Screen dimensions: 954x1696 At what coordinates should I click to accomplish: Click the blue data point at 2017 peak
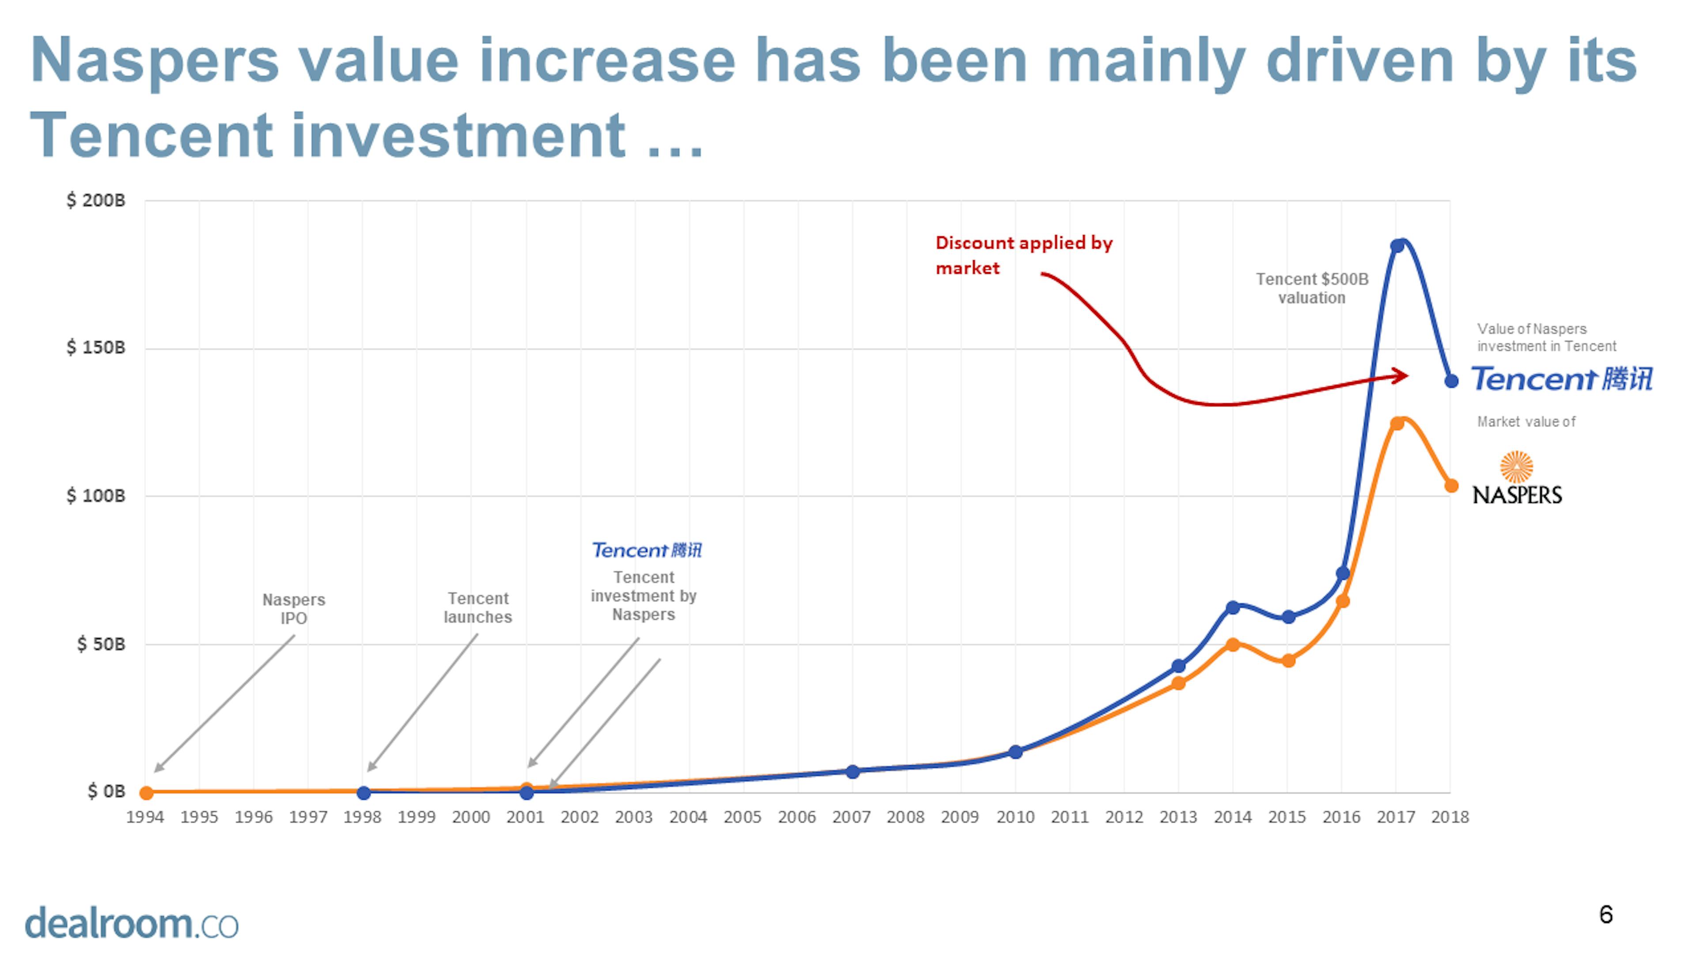tap(1397, 246)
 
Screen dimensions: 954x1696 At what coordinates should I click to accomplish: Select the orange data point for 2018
tap(1451, 486)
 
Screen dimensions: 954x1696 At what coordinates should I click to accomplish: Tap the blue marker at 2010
tap(1016, 752)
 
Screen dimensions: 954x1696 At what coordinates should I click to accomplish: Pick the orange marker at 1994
tap(146, 793)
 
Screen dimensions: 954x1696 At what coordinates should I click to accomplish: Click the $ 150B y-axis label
tap(95, 348)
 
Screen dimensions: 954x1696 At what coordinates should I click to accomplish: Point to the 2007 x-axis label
tap(851, 817)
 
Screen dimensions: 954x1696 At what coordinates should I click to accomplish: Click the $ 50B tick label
tap(101, 644)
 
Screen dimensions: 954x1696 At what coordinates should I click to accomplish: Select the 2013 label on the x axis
tap(1178, 817)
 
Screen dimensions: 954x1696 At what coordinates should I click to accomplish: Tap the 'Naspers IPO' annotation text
tap(294, 609)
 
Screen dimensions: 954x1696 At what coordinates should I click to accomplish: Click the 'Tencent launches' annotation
tap(478, 608)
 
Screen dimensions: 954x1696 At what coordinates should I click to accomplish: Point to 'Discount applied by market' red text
tap(1023, 255)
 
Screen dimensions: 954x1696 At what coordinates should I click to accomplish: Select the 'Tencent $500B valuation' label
tap(1311, 288)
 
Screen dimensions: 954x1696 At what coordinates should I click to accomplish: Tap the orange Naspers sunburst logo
tap(1516, 467)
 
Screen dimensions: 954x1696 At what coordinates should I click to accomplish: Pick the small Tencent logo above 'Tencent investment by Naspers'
tap(647, 550)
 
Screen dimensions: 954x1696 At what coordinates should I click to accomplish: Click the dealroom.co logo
tap(132, 923)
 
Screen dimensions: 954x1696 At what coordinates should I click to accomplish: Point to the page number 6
tap(1606, 915)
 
